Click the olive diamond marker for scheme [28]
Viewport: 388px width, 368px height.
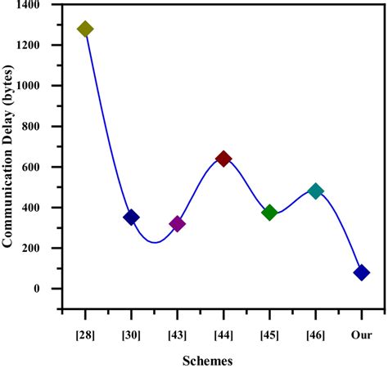[x=85, y=29]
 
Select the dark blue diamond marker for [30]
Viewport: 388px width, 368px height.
[x=131, y=217]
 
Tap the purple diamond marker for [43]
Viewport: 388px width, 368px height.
[x=177, y=223]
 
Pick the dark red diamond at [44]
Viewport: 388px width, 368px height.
[x=223, y=159]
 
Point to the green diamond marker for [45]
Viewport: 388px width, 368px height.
[x=269, y=213]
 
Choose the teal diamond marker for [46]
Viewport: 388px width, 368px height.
[x=315, y=191]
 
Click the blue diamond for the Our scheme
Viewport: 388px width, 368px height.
[x=362, y=272]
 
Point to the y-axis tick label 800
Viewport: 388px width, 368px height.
[x=32, y=127]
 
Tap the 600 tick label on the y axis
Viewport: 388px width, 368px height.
[x=32, y=167]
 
